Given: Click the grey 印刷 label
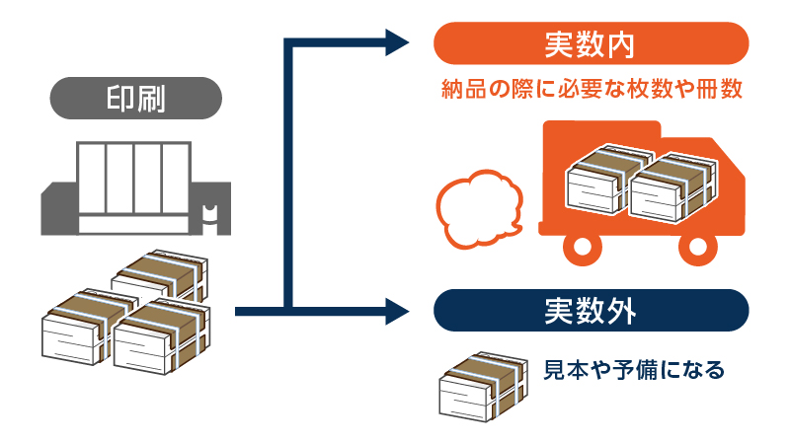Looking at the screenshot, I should (135, 99).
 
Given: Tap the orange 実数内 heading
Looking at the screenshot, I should (591, 44).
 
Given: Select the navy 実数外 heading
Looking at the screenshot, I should (591, 311).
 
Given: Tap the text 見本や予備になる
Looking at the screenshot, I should (634, 371).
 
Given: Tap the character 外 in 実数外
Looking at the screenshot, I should (620, 311).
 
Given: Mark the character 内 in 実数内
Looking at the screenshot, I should (620, 44).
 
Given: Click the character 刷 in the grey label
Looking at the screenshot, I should (151, 99).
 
